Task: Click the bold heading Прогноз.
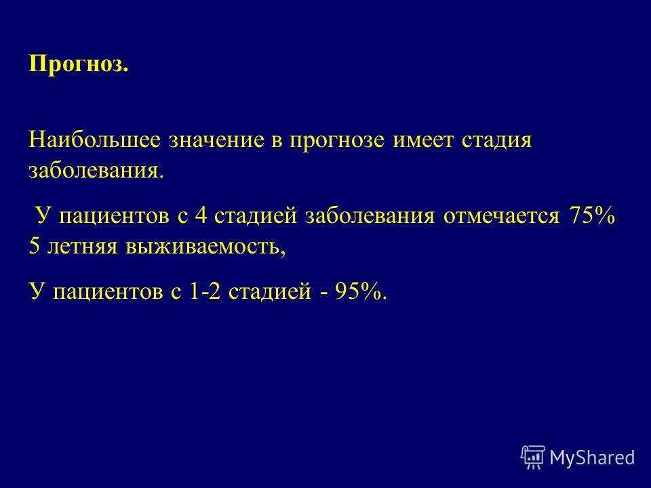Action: click(79, 65)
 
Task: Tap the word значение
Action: click(216, 140)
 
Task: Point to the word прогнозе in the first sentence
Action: click(337, 141)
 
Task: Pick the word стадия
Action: click(496, 141)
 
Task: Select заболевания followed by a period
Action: click(96, 171)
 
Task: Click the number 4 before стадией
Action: click(201, 216)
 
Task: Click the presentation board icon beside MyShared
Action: click(533, 457)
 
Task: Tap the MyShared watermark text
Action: click(593, 457)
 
